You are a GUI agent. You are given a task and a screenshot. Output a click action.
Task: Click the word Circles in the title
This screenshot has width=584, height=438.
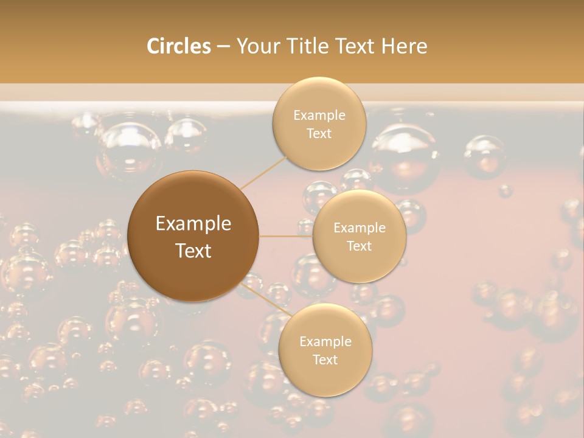tap(179, 46)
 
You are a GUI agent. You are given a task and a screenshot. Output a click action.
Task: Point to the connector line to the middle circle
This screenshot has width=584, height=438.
tap(285, 236)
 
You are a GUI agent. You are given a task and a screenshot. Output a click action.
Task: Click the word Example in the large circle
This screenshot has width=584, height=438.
tap(193, 224)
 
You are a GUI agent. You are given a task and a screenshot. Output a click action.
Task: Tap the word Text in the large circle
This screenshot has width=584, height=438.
tap(193, 251)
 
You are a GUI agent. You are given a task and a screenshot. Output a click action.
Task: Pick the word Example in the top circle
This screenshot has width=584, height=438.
tap(319, 116)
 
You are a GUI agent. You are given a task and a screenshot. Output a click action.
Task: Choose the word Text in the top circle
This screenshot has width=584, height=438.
tap(319, 134)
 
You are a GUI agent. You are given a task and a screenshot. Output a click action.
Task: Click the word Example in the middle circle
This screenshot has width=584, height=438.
tap(359, 228)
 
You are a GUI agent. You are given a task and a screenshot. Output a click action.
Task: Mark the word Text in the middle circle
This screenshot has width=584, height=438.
tap(359, 246)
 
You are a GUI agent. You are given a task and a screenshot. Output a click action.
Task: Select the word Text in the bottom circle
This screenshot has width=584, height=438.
tap(325, 360)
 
